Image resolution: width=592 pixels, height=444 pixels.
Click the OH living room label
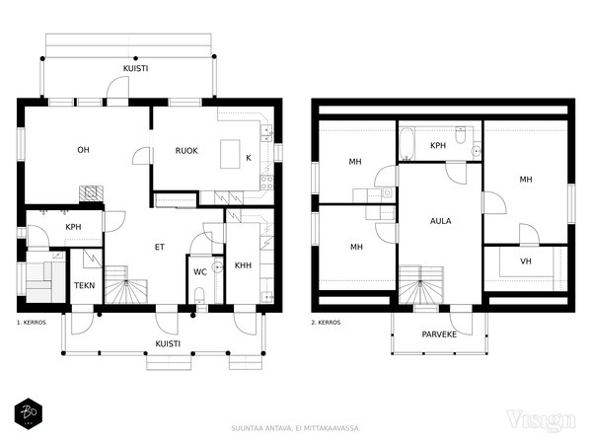(83, 150)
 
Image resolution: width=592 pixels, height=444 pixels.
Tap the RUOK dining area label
(186, 151)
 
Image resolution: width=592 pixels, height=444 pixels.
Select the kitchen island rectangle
(230, 154)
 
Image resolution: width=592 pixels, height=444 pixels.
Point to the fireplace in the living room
(91, 193)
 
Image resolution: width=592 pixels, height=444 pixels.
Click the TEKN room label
(85, 285)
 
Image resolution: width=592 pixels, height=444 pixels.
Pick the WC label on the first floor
(200, 272)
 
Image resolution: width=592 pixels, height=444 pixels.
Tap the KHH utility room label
(243, 265)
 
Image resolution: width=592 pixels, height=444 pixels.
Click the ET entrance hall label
(160, 247)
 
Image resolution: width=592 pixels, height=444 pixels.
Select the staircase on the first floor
(125, 285)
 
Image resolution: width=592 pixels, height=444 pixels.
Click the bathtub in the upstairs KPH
(407, 143)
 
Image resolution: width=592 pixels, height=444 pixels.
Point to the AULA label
(441, 221)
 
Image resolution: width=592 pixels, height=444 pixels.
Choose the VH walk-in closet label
(526, 260)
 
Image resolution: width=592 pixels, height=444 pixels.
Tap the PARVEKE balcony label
(439, 334)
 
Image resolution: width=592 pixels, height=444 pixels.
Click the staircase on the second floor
(421, 285)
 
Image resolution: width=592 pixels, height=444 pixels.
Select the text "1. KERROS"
(32, 323)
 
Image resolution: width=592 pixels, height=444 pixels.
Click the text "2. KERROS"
(326, 323)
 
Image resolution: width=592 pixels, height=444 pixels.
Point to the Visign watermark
(541, 420)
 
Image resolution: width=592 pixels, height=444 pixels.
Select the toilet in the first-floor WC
(199, 294)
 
